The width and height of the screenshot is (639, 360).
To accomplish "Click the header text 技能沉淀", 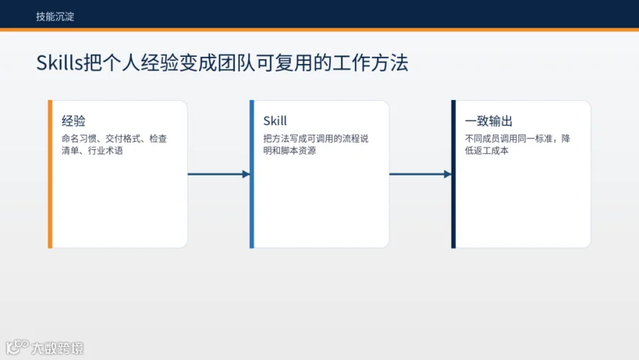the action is click(55, 17).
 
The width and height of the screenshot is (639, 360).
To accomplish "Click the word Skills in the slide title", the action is click(60, 62).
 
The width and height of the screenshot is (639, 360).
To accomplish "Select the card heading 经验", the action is click(73, 121).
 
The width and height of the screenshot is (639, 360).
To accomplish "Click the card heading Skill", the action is click(275, 121).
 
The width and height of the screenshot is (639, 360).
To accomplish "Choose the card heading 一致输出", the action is click(488, 121).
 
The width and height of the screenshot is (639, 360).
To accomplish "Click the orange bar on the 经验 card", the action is click(50, 174).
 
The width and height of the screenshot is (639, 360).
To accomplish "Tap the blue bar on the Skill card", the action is click(252, 174).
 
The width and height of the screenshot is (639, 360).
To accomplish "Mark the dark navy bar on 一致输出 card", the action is click(454, 174).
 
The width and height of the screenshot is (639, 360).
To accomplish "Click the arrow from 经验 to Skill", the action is click(219, 174).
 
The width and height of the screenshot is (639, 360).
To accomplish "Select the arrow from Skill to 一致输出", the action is click(420, 174).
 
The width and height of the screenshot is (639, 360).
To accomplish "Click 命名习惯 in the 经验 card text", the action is click(79, 138).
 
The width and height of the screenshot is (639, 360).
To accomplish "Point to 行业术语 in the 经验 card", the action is click(106, 151).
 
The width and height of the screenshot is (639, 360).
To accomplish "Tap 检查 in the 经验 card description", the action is click(158, 138).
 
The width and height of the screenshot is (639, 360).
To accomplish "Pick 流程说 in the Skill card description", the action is click(356, 138).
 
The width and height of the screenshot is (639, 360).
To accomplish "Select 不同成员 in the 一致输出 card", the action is click(483, 138).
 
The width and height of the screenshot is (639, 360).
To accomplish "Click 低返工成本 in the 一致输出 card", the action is click(486, 151).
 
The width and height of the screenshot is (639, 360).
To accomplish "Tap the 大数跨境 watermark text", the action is click(58, 348).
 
